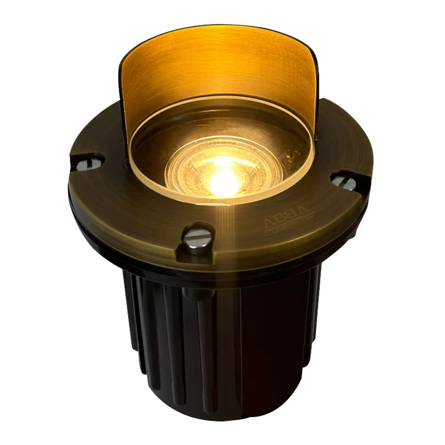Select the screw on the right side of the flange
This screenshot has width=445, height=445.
click(x=344, y=181)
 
